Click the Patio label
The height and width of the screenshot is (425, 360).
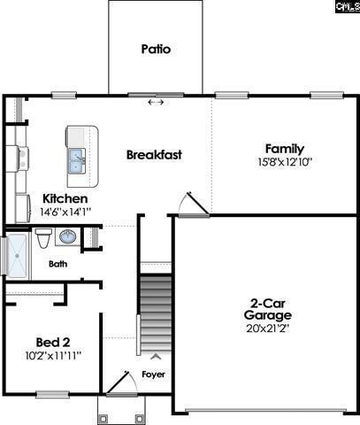[x=156, y=49]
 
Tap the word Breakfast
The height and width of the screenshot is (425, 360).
[x=154, y=155]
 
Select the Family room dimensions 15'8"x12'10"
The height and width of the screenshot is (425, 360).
[x=285, y=162]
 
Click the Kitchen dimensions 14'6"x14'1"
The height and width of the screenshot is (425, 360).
[x=65, y=212]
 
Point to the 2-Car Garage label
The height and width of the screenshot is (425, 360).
[x=268, y=309]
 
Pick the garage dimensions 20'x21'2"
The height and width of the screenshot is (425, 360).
[x=268, y=328]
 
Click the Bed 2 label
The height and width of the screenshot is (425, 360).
[x=53, y=343]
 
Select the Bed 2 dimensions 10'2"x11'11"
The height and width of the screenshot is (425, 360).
[x=53, y=356]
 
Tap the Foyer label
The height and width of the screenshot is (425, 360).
[x=153, y=375]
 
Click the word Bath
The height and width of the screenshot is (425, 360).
[x=57, y=264]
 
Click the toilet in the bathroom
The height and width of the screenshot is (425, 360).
[x=43, y=238]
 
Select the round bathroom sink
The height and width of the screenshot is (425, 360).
[x=68, y=236]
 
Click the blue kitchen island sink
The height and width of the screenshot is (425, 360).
[x=77, y=161]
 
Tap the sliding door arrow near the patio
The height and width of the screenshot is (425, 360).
[x=156, y=102]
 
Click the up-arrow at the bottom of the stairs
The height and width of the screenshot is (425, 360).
[x=156, y=356]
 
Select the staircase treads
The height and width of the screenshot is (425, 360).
[x=156, y=313]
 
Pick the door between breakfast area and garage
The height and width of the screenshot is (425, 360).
[x=194, y=204]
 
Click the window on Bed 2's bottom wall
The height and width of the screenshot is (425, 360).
[x=53, y=394]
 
